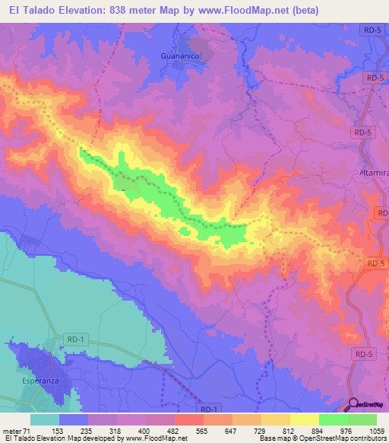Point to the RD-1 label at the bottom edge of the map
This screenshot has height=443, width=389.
click(x=212, y=410)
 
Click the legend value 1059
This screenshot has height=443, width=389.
click(x=378, y=430)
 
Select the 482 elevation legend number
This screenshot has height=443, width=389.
click(x=175, y=430)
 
